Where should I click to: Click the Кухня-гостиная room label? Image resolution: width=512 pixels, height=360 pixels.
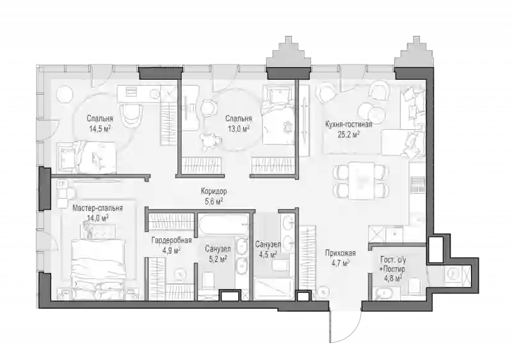click(x=348, y=124)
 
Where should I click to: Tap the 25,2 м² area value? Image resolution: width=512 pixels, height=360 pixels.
click(x=348, y=134)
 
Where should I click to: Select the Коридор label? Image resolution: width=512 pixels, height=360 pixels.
click(x=214, y=191)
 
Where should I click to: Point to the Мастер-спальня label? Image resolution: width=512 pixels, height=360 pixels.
click(x=98, y=208)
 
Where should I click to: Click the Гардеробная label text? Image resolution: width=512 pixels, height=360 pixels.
click(x=172, y=240)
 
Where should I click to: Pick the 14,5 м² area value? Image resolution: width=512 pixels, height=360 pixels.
click(x=100, y=129)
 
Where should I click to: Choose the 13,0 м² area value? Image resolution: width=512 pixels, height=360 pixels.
click(x=239, y=129)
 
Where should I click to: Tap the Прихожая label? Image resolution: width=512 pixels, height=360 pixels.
click(x=340, y=253)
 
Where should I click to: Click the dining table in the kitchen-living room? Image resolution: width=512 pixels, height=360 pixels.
click(x=361, y=180)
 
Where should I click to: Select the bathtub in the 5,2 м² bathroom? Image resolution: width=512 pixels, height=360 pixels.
click(x=223, y=224)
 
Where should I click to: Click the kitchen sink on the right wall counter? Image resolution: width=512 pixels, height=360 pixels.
click(x=418, y=184)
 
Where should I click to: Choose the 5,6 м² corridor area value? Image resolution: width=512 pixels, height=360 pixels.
click(x=214, y=201)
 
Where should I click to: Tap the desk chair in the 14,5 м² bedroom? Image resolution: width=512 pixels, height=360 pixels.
click(x=132, y=114)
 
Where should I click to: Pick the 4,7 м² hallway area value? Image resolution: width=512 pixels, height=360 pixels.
click(x=340, y=263)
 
